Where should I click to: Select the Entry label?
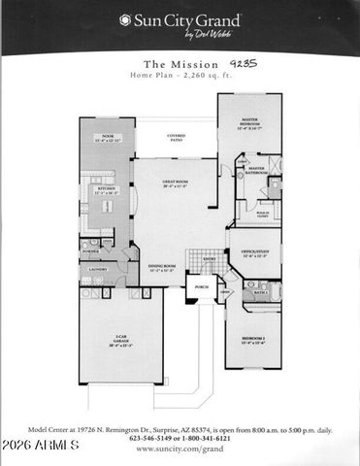(209, 258)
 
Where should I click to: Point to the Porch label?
(201, 287)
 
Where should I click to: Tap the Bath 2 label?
(260, 291)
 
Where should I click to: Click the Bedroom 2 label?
(254, 341)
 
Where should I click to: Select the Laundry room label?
(97, 269)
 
